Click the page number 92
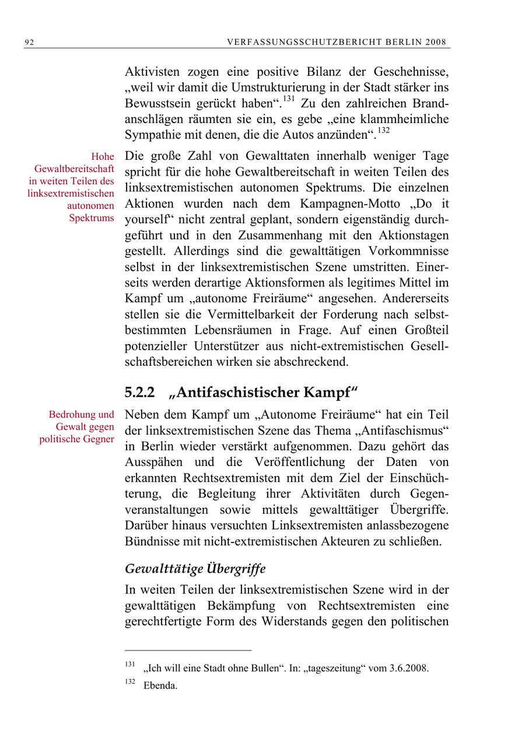(29, 42)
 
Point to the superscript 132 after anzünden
(382, 131)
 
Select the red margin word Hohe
(103, 157)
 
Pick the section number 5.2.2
(140, 393)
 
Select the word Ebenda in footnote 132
(160, 685)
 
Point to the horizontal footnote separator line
(188, 650)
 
